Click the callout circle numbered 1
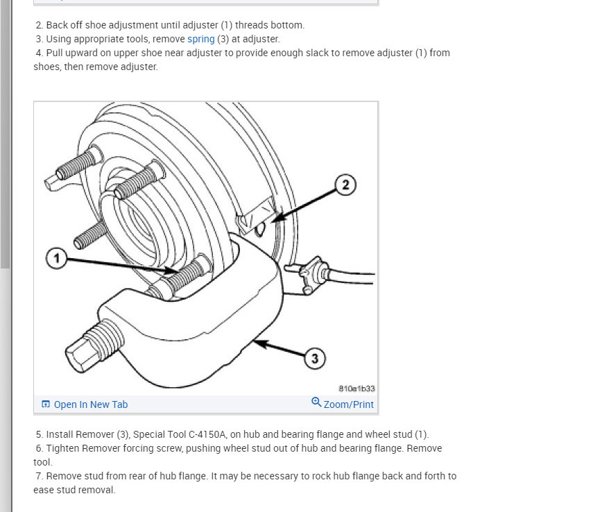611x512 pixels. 58,259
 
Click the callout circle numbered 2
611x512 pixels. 345,184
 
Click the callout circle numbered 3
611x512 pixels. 315,358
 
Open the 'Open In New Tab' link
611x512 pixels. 91,404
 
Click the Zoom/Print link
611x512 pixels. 348,404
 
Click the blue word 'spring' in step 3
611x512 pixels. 201,39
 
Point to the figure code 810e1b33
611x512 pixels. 357,389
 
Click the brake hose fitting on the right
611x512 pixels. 311,273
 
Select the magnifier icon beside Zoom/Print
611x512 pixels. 316,403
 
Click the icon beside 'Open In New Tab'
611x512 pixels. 46,404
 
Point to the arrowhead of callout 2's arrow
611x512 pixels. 275,220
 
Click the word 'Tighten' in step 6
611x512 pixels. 62,448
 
